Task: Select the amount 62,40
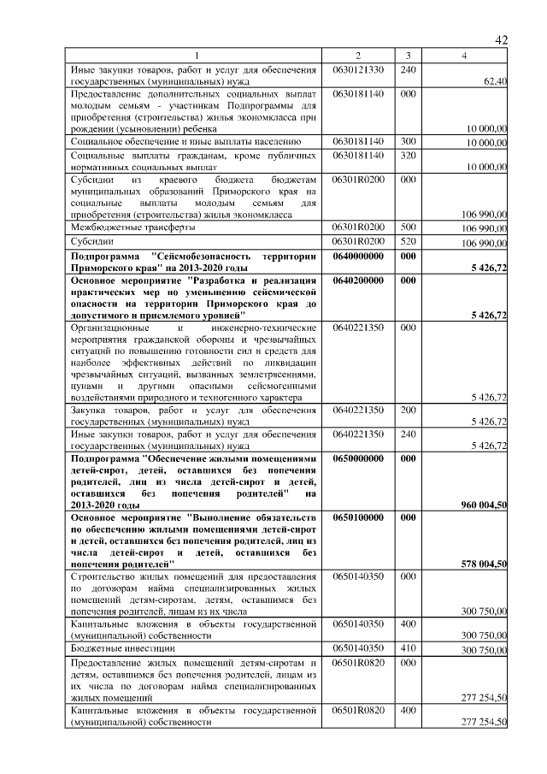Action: pos(495,81)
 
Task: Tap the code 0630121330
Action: pos(358,68)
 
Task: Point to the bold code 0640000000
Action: pos(358,256)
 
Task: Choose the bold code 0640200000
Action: pos(358,280)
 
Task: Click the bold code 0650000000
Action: pos(358,458)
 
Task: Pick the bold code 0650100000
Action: pos(358,518)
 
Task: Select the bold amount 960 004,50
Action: pos(484,505)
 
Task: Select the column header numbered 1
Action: pos(194,56)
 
